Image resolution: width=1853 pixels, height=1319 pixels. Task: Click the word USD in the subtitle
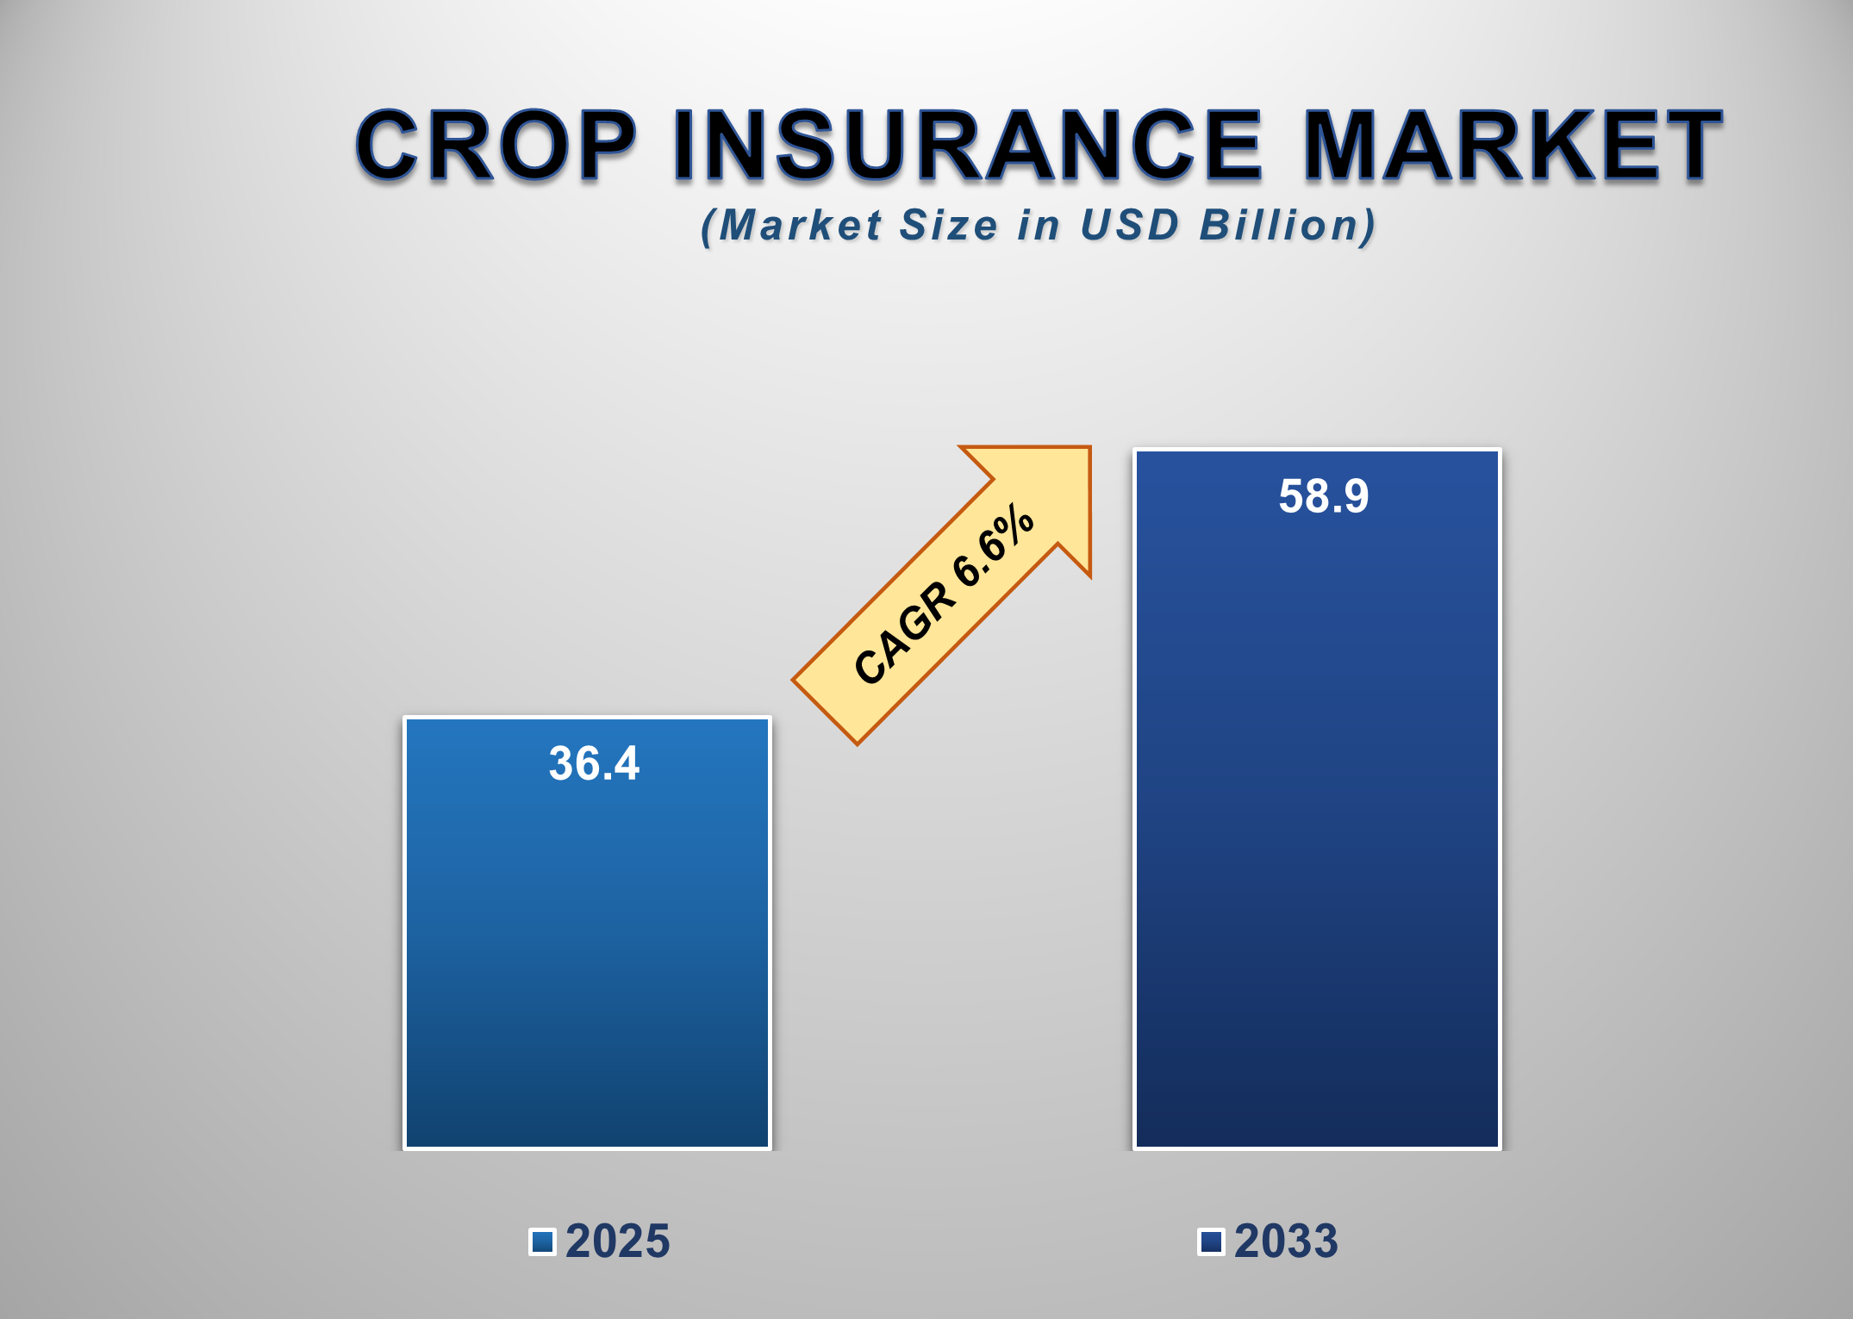point(1129,226)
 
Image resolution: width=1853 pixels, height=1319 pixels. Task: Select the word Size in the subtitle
point(948,226)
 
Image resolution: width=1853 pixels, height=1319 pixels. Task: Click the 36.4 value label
point(594,763)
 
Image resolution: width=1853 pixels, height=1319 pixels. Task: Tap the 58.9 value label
point(1323,496)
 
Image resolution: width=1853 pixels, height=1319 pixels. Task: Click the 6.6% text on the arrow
point(993,546)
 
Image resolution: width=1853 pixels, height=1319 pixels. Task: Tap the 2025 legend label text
point(617,1241)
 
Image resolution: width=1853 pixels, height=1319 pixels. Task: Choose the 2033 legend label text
point(1286,1241)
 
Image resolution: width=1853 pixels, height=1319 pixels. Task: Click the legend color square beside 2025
point(542,1241)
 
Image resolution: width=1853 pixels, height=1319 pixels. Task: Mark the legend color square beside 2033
point(1211,1241)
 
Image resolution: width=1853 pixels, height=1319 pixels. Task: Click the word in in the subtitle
point(1038,226)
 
